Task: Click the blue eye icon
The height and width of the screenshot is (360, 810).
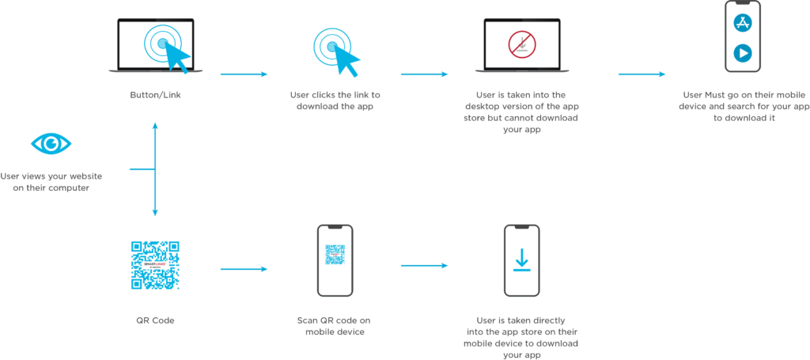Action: click(x=51, y=144)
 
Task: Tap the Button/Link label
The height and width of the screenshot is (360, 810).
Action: click(x=155, y=95)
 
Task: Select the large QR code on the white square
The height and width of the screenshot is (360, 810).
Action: click(x=155, y=265)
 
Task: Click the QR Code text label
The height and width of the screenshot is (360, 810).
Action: click(x=155, y=320)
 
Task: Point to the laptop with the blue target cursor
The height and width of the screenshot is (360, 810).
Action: click(x=155, y=46)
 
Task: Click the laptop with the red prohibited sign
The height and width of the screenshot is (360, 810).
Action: click(x=521, y=46)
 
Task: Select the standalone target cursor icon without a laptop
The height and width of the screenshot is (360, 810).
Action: click(x=336, y=50)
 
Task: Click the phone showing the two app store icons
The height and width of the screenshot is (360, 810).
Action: click(x=742, y=36)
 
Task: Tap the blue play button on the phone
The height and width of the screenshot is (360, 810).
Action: click(x=742, y=53)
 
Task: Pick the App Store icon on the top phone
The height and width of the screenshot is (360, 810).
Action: click(x=742, y=22)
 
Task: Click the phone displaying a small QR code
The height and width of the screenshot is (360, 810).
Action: click(x=335, y=260)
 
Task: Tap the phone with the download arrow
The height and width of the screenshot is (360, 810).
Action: click(x=521, y=260)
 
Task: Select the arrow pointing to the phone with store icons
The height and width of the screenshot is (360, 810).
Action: click(x=642, y=75)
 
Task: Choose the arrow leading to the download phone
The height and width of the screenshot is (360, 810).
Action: click(x=424, y=265)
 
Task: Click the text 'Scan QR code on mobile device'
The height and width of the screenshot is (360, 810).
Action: click(x=334, y=326)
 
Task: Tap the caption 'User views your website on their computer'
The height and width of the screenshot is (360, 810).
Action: click(x=51, y=181)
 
